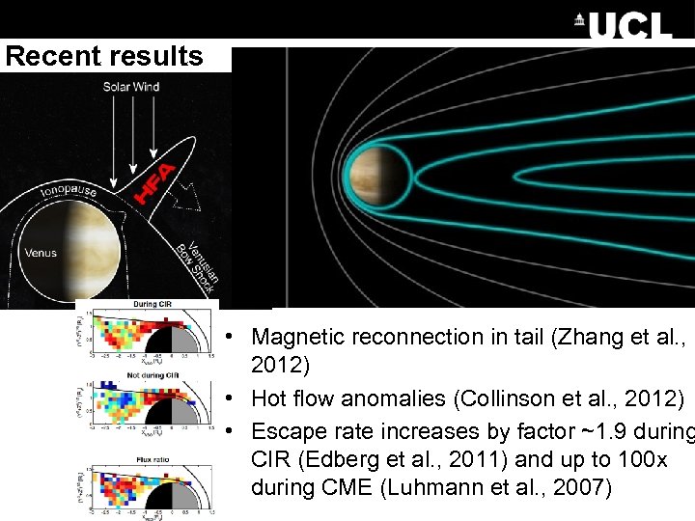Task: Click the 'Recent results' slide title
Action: tap(104, 56)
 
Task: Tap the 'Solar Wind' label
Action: tap(132, 87)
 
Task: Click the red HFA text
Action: tap(154, 182)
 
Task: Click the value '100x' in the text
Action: tap(628, 459)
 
